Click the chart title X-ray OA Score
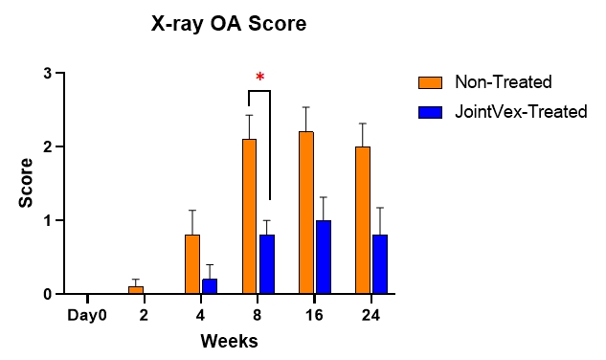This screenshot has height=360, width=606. tap(229, 25)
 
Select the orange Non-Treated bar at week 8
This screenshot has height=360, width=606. tap(249, 216)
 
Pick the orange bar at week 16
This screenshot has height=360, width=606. tap(306, 213)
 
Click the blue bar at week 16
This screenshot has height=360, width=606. tap(324, 257)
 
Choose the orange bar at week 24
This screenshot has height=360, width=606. tap(363, 220)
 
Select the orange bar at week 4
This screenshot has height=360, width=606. tap(192, 264)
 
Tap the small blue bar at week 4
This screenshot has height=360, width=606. tap(210, 286)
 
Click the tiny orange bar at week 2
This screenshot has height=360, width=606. tap(136, 290)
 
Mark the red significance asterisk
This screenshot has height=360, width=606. tap(258, 78)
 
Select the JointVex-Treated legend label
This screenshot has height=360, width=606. tap(521, 112)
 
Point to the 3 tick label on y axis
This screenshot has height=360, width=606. tap(47, 74)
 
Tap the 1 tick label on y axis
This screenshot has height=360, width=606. tap(47, 221)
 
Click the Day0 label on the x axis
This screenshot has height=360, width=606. tap(87, 313)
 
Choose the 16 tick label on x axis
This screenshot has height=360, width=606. tap(315, 313)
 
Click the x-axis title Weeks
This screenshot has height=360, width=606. tap(229, 341)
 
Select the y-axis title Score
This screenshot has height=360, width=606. tap(26, 184)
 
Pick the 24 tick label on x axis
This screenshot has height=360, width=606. tap(371, 313)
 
